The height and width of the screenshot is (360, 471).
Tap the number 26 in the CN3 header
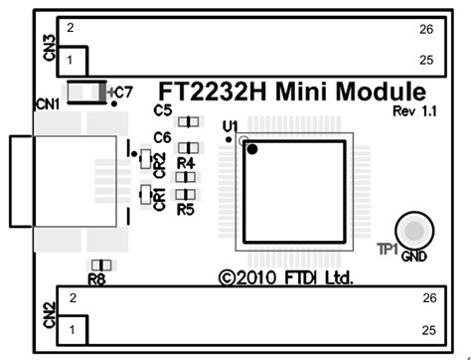point(426,29)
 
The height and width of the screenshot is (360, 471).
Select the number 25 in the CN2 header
point(428,328)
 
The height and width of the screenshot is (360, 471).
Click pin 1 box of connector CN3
point(73,61)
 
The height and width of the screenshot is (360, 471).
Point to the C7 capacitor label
point(123,91)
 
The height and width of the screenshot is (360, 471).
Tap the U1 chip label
point(230,126)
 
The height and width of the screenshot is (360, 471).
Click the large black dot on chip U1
point(253,150)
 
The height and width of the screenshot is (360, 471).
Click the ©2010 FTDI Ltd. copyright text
point(286,278)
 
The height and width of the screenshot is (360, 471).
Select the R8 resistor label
point(96,280)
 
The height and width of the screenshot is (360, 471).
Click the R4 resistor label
point(185,161)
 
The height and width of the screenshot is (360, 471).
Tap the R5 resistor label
point(185,210)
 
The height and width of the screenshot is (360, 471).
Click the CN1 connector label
point(47,102)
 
